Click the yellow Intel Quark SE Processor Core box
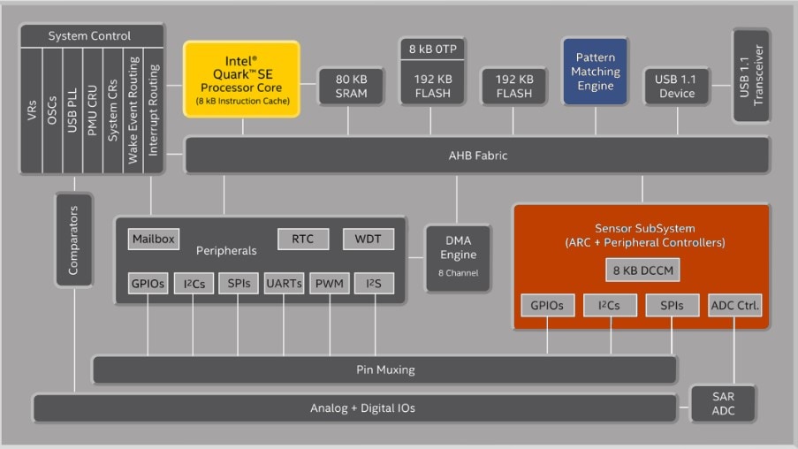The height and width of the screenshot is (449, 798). coord(241,78)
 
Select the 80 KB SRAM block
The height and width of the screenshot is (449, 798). coord(351,86)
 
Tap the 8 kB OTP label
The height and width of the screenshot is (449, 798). coord(433,48)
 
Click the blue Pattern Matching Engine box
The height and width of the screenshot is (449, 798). coord(595,72)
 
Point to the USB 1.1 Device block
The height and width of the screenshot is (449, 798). coord(676,86)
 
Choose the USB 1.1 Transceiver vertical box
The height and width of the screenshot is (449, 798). coord(750,75)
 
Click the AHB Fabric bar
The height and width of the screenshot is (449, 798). coord(477,156)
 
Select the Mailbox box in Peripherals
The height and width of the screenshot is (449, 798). coord(154,239)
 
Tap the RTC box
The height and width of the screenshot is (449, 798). coord(303,239)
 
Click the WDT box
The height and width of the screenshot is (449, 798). coord(368,239)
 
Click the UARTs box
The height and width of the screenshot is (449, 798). coord(284,284)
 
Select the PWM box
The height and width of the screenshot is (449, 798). coord(329,284)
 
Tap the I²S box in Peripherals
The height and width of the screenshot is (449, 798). coord(374,284)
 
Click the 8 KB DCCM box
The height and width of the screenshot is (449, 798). coord(642,270)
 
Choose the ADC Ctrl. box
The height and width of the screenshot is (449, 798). coord(735,306)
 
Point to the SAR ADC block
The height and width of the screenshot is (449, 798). coord(723,403)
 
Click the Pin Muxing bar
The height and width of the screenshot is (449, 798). coord(384,369)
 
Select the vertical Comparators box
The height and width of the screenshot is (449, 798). coord(74,240)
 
